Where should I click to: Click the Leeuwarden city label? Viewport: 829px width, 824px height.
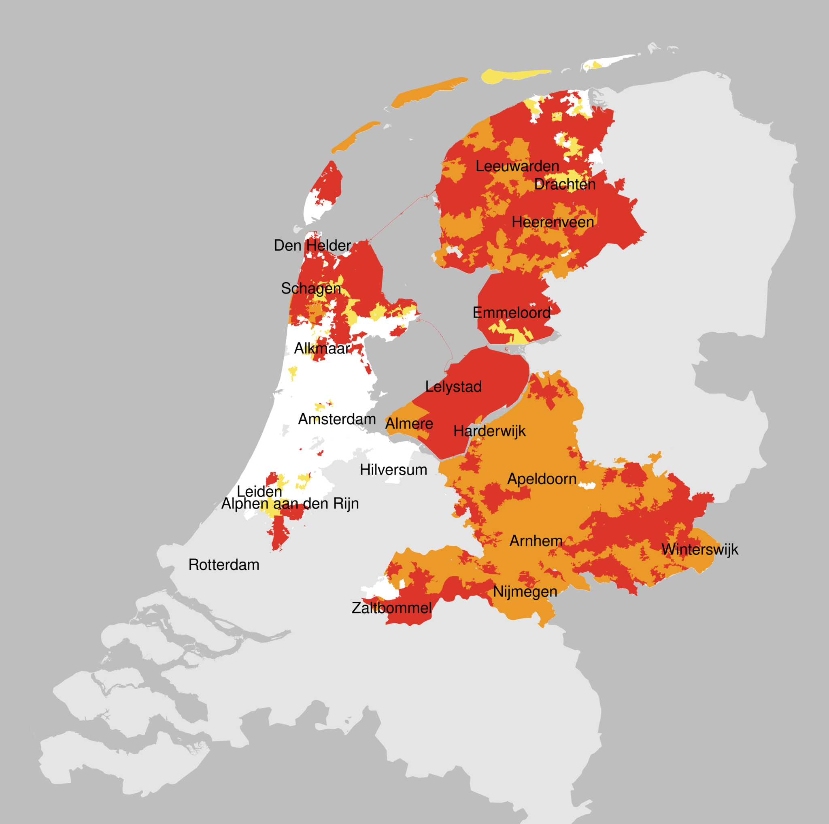coord(517,166)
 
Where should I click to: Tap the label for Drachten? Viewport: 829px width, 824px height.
coord(565,185)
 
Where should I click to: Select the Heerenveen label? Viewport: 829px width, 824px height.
coord(553,222)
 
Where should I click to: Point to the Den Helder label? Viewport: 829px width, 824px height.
coord(312,245)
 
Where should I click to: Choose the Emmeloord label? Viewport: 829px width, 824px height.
coord(512,313)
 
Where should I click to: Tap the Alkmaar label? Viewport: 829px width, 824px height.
coord(322,348)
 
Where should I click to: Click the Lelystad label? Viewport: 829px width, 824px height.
coord(453,386)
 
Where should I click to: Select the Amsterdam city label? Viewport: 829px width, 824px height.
coord(337,419)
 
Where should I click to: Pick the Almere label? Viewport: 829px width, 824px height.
coord(409,424)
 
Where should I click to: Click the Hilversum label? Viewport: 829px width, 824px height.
coord(393,470)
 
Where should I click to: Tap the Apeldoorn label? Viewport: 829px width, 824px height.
coord(542,479)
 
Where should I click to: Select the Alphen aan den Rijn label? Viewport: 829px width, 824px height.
coord(290,503)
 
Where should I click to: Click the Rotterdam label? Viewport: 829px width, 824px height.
coord(223,565)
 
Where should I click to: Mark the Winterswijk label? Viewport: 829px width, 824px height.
coord(699,549)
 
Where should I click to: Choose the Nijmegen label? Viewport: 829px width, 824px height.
coord(525,592)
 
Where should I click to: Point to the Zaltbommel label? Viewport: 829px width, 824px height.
coord(391,608)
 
